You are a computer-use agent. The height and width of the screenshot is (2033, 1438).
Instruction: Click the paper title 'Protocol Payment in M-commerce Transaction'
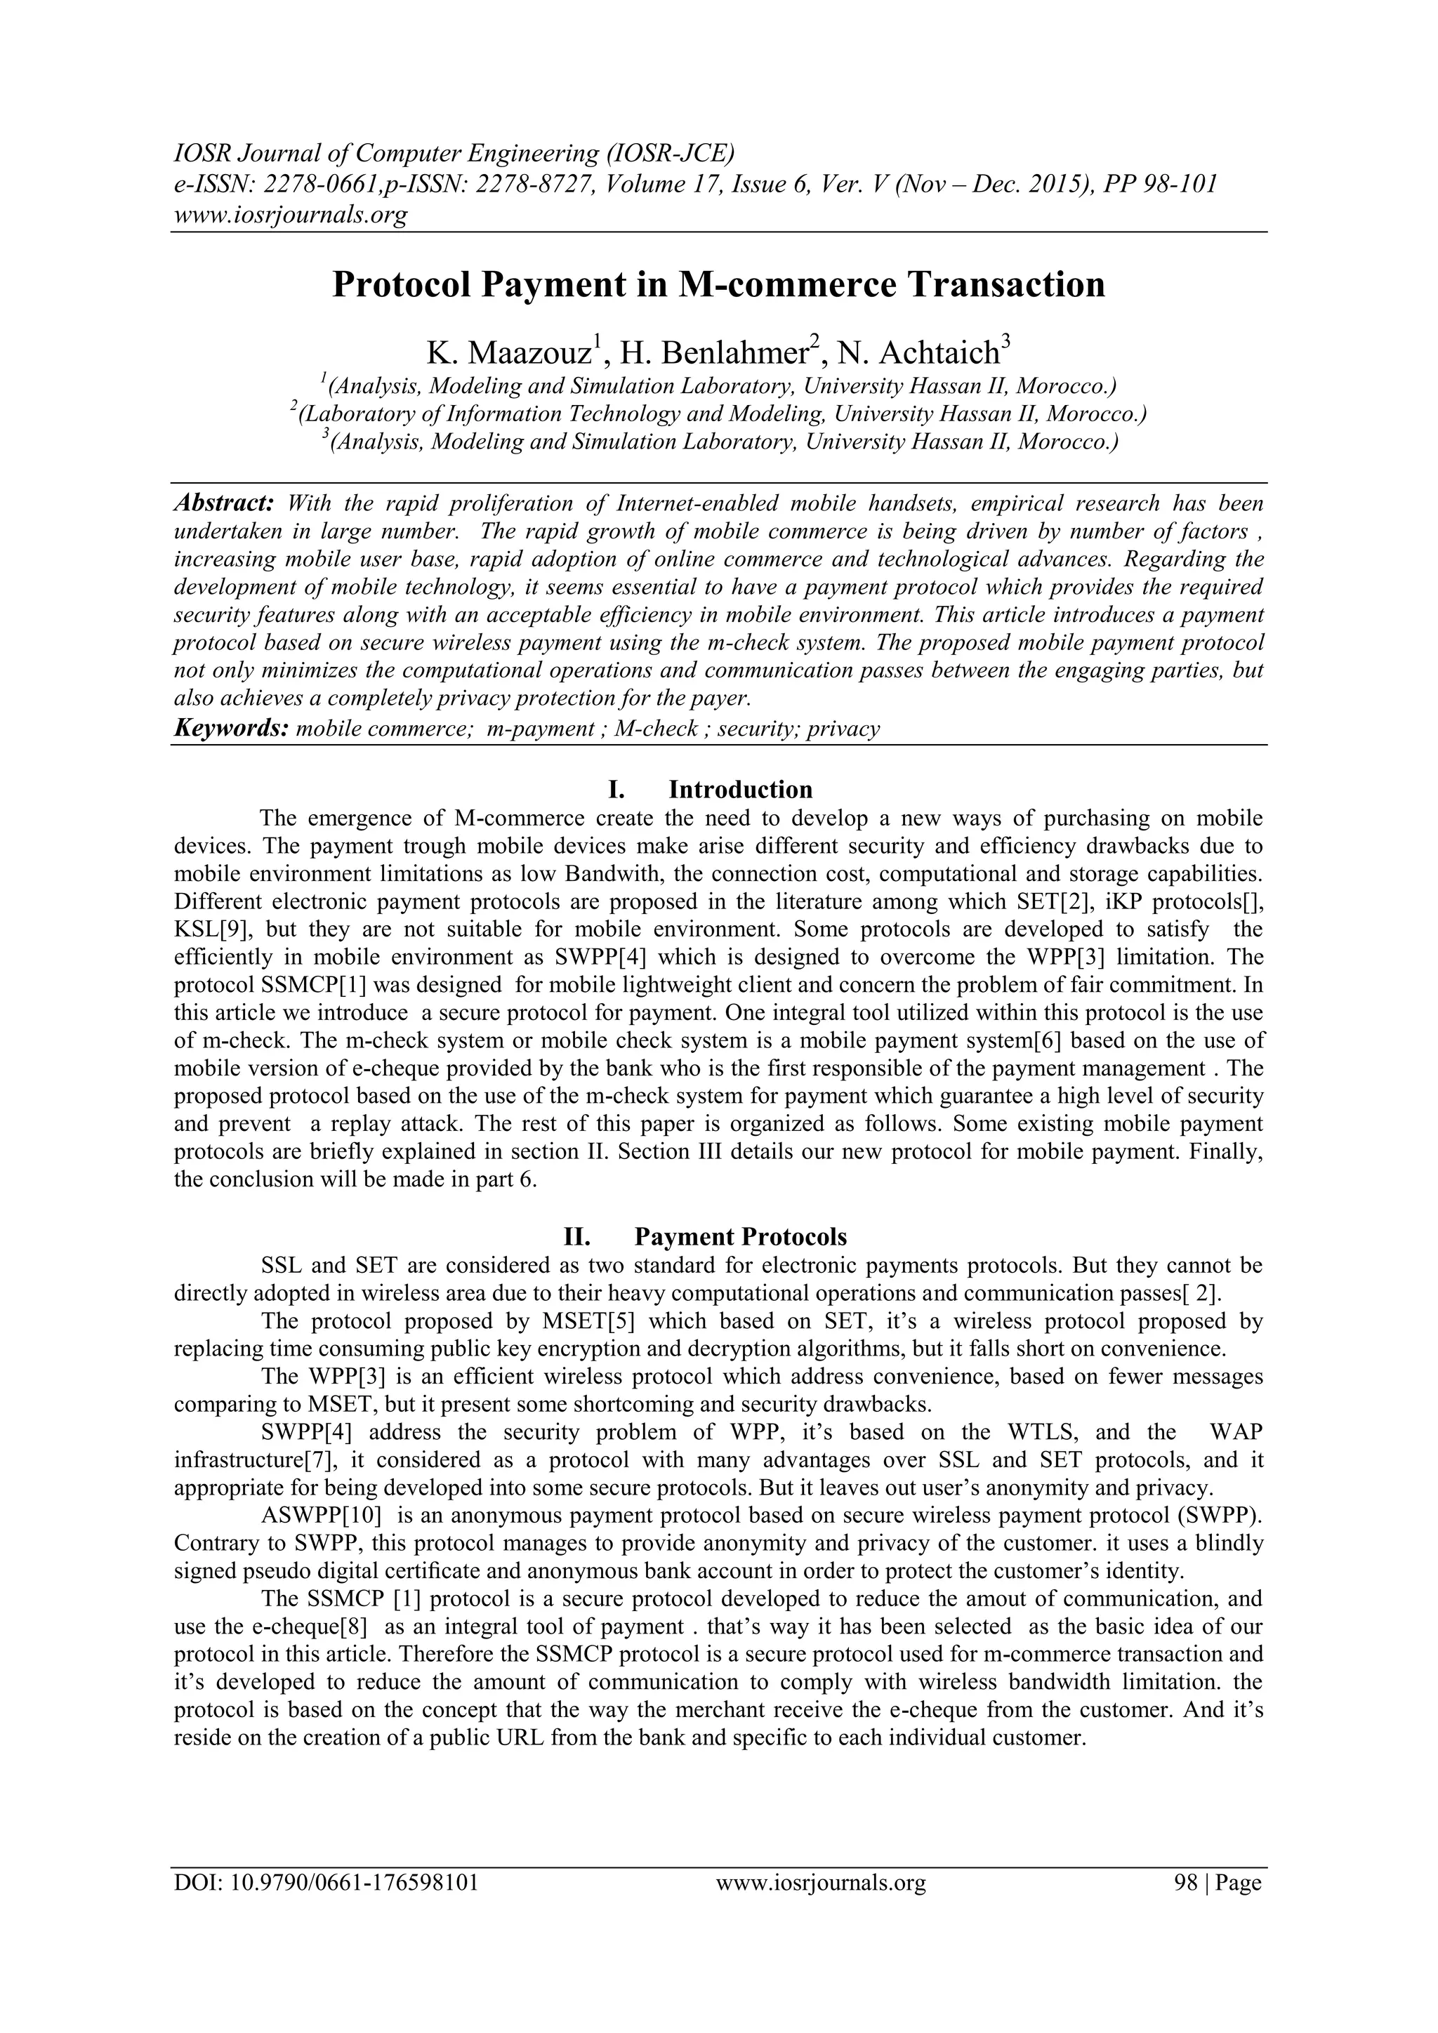coord(718,285)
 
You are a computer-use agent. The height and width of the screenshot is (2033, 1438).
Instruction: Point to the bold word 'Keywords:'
coord(230,729)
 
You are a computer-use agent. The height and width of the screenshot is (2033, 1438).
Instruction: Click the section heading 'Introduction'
coord(739,789)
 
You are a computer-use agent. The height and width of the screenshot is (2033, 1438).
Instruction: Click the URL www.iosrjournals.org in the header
coord(289,214)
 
